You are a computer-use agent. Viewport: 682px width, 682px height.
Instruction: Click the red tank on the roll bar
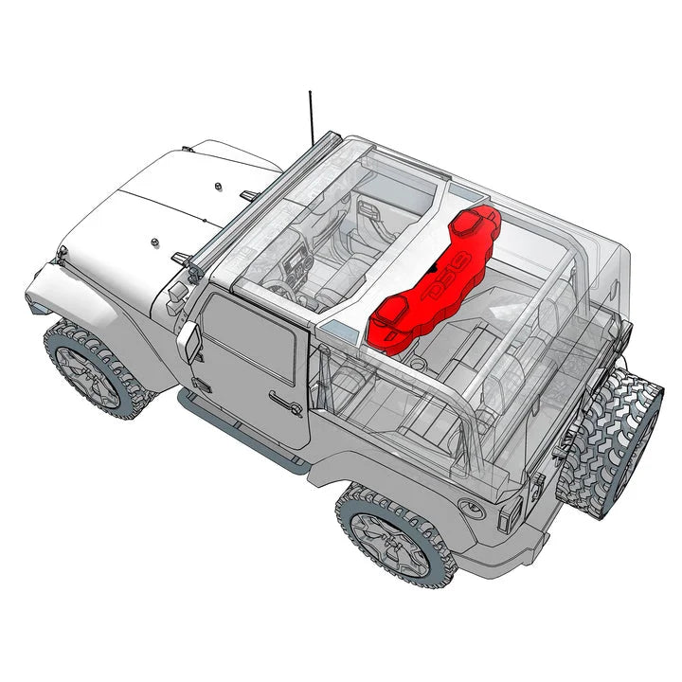(x=431, y=284)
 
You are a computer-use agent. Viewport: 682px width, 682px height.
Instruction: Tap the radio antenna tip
(x=310, y=93)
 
